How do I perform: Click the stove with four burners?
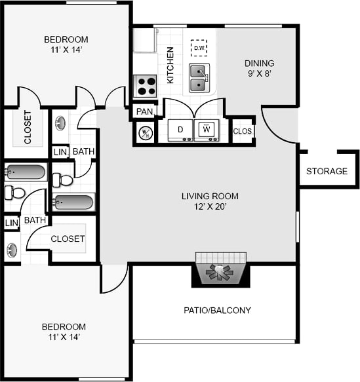point(145,86)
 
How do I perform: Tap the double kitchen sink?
point(200,78)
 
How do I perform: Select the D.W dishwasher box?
point(199,48)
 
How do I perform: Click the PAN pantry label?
point(144,111)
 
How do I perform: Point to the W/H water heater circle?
point(145,132)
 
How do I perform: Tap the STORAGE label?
point(327,171)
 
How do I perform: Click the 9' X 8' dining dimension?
point(260,74)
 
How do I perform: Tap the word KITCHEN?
point(170,64)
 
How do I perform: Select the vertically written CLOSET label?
point(28,131)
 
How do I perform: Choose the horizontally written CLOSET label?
point(68,239)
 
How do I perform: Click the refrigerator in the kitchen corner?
point(144,41)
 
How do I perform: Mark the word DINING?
point(260,64)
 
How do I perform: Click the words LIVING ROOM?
point(210,196)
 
